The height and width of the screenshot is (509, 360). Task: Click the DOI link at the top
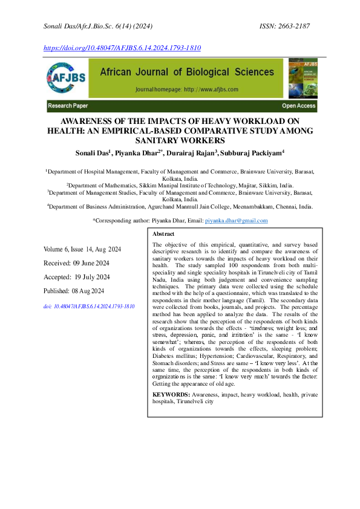tap(122, 47)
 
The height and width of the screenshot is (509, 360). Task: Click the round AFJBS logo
tap(66, 79)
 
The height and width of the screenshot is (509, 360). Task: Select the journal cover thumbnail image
tap(303, 79)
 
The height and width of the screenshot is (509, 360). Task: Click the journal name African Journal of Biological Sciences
tap(186, 73)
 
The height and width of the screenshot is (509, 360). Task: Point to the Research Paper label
tap(68, 106)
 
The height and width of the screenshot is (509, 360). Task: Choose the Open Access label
tap(298, 106)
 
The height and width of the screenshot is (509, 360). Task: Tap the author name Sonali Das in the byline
tap(91, 153)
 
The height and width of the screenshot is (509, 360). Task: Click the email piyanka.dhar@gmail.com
tap(236, 221)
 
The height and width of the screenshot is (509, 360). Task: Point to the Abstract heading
tap(163, 234)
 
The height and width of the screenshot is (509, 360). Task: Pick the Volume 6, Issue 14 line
tap(82, 250)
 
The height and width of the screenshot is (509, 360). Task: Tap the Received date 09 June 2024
tap(76, 264)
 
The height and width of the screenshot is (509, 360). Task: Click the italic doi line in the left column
tap(88, 306)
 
